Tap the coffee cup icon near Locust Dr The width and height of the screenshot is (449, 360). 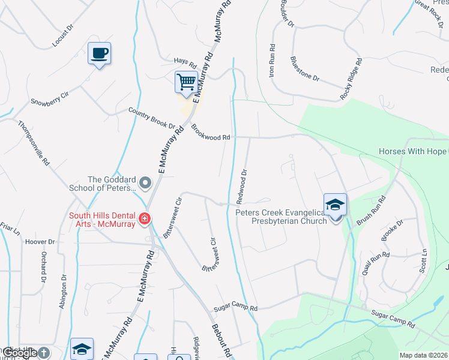(100, 53)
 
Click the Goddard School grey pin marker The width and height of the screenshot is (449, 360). (145, 182)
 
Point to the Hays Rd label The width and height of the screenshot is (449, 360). (185, 62)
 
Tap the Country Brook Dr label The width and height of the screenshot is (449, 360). (152, 118)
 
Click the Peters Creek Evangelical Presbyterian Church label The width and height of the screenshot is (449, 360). (282, 216)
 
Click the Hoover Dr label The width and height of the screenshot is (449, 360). (40, 242)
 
